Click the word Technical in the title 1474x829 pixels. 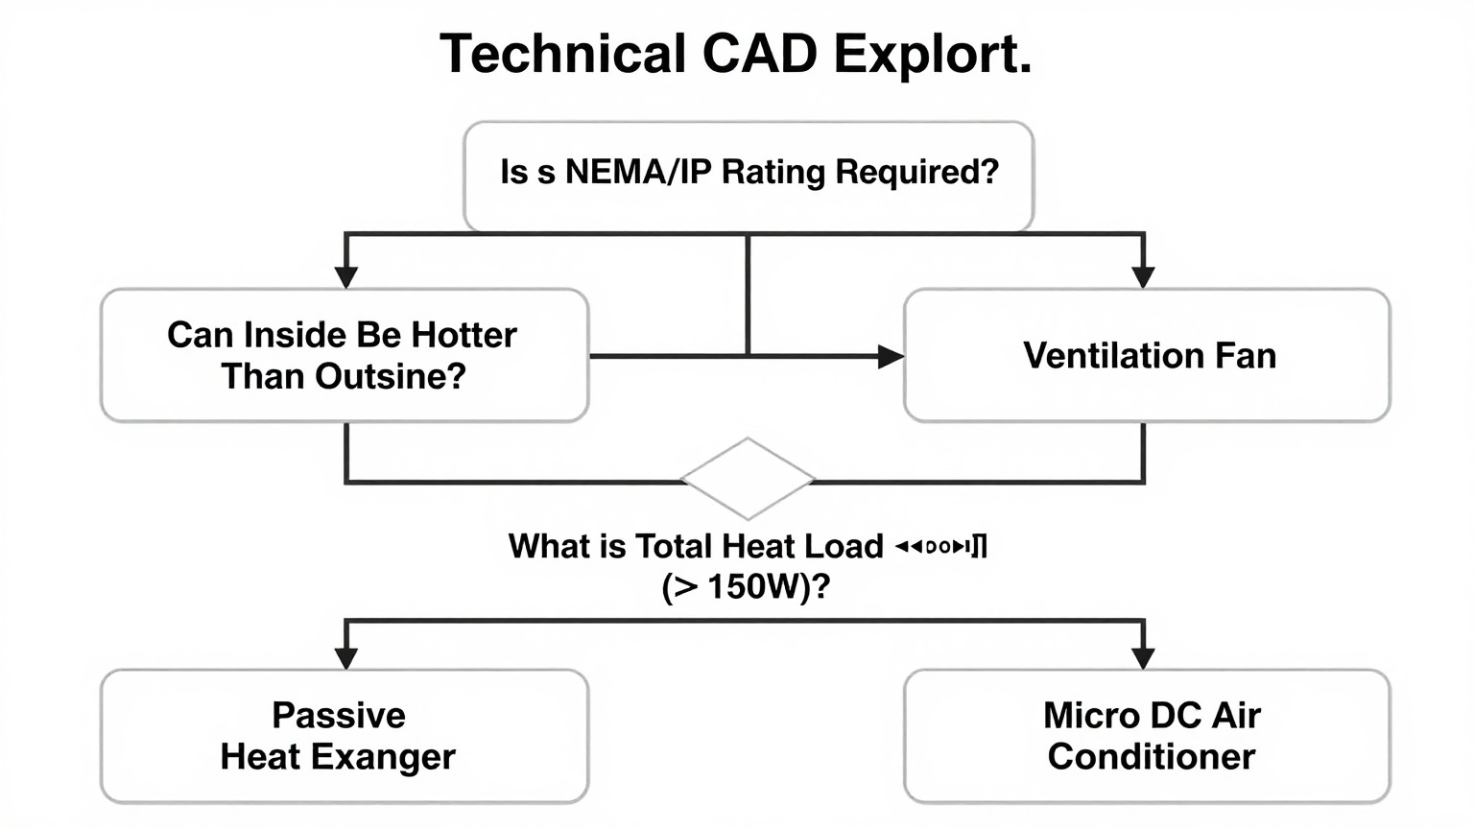pyautogui.click(x=562, y=54)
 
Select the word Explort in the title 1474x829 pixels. pyautogui.click(x=932, y=54)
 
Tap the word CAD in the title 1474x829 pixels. pyautogui.click(x=759, y=54)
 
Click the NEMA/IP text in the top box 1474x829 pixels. pyautogui.click(x=638, y=173)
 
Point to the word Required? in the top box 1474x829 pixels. pyautogui.click(x=916, y=173)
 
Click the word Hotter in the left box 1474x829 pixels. pyautogui.click(x=464, y=335)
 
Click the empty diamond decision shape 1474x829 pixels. pyautogui.click(x=747, y=478)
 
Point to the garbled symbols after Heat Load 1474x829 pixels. pyautogui.click(x=940, y=547)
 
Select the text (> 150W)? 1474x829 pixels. pyautogui.click(x=746, y=586)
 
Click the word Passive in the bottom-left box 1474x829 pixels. pyautogui.click(x=339, y=716)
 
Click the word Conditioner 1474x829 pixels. pyautogui.click(x=1151, y=757)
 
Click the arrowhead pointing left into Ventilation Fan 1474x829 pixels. pyautogui.click(x=890, y=357)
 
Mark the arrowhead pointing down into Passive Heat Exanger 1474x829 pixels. pyautogui.click(x=346, y=657)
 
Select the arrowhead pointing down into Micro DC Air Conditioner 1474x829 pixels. pyautogui.click(x=1143, y=657)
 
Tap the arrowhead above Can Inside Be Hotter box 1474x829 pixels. pyautogui.click(x=346, y=276)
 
